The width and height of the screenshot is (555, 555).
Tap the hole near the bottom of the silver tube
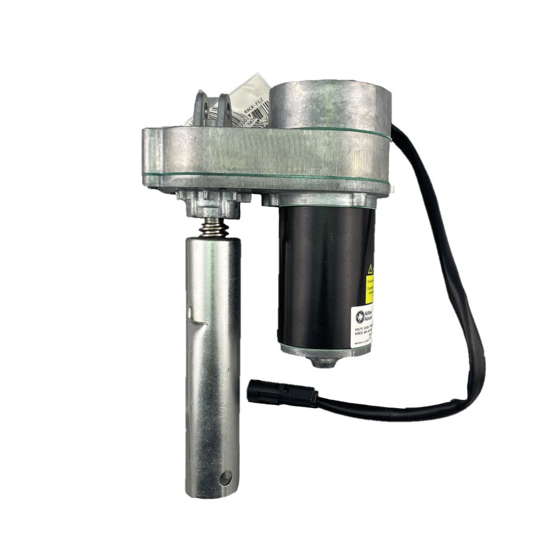coord(225,478)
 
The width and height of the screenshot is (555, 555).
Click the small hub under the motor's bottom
coord(324,361)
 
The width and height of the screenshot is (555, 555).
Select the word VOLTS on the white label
coord(360,329)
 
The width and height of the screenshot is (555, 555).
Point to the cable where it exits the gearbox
coord(398,133)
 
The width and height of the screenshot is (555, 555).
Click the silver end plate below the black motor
coord(324,351)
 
